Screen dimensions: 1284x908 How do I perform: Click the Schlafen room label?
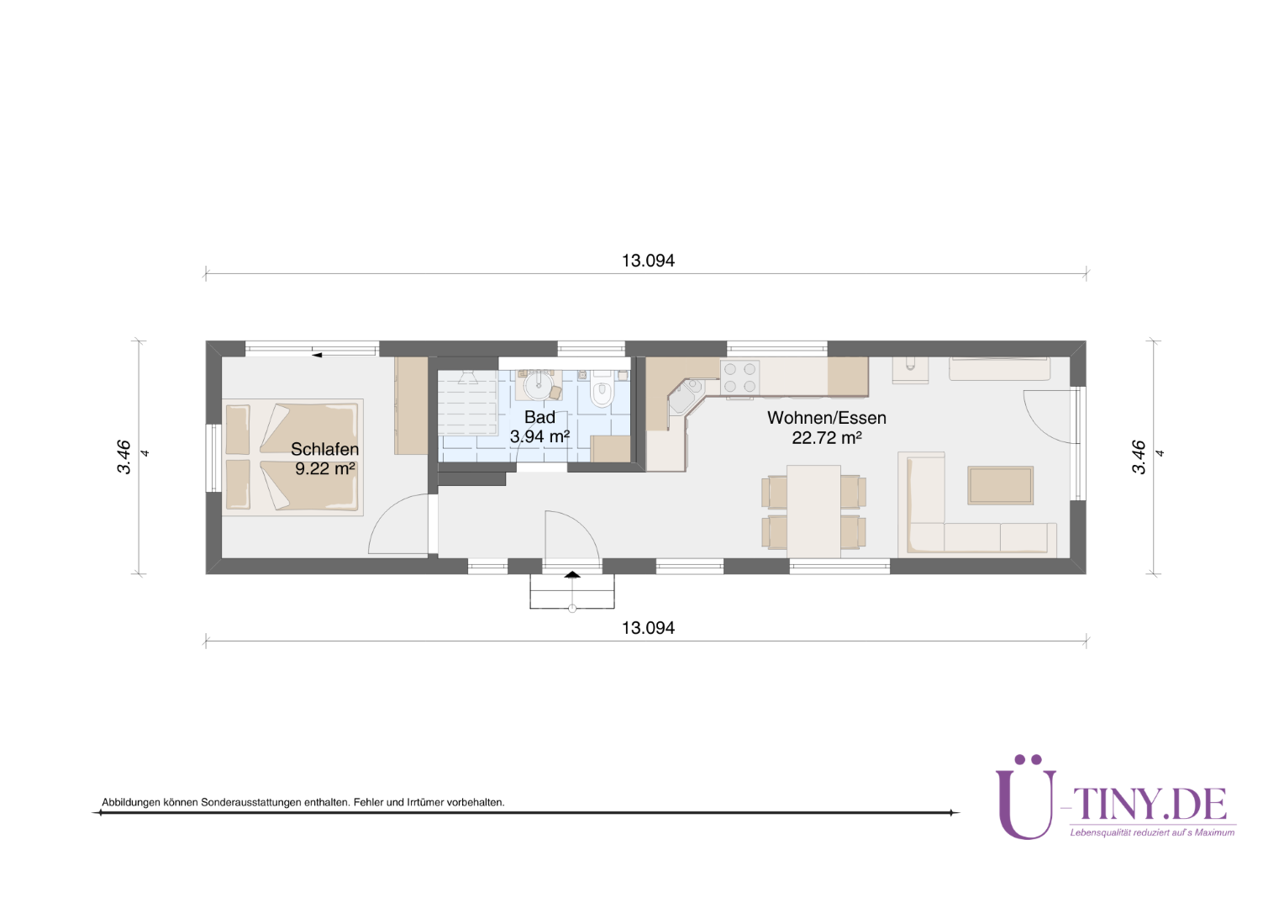point(324,449)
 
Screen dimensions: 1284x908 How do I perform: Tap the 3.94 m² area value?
point(539,436)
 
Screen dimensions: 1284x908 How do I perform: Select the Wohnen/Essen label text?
point(827,418)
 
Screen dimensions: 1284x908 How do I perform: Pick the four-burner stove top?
point(739,378)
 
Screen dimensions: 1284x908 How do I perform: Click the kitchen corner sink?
point(685,395)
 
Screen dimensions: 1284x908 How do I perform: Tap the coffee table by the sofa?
point(1000,485)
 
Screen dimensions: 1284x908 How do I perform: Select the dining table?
point(813,511)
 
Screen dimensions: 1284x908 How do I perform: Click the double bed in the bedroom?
point(292,457)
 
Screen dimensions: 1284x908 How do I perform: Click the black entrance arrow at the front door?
point(572,574)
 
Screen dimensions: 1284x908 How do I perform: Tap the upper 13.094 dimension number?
point(649,261)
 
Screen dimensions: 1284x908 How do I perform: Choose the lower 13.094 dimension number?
point(649,627)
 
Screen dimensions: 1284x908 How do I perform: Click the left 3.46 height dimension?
point(124,457)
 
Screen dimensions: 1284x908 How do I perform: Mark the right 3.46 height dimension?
point(1139,457)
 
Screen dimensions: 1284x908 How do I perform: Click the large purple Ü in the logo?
point(1026,797)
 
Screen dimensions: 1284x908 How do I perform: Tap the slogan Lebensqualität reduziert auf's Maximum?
point(1152,832)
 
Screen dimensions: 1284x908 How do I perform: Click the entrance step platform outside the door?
point(572,591)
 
